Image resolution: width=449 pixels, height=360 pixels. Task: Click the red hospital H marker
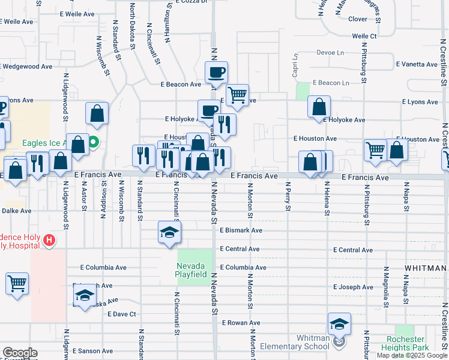pos(50,241)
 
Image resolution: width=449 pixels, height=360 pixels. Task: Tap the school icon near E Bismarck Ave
pos(170,233)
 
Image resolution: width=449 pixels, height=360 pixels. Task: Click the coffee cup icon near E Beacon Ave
pos(216,73)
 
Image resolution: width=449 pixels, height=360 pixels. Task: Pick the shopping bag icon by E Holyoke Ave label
pos(319,107)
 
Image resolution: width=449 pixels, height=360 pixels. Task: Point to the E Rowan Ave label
pos(241,323)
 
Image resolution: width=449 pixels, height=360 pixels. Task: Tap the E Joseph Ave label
pos(354,287)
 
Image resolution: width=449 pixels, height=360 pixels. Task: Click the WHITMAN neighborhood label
pos(426,268)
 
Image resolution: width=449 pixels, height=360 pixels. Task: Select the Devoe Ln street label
pos(330,53)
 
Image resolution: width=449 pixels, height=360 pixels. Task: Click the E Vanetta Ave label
pos(416,64)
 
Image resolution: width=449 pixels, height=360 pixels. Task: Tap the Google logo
pos(19,352)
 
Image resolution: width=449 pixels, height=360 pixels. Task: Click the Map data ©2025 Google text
pos(412,355)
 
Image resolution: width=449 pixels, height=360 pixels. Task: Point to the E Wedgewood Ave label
pos(26,66)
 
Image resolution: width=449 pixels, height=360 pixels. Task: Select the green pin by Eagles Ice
pos(94,143)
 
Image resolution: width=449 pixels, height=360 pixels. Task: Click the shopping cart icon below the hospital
pos(17,283)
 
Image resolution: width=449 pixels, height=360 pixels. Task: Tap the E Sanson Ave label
pos(92,350)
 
